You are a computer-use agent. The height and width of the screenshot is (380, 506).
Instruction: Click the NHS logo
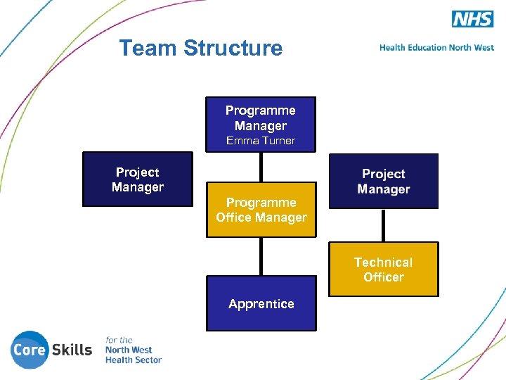[x=472, y=19]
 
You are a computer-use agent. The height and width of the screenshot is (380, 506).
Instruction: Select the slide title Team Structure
[x=200, y=48]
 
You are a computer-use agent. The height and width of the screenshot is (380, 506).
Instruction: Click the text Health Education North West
[x=436, y=48]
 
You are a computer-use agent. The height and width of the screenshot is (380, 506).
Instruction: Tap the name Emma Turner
[x=261, y=141]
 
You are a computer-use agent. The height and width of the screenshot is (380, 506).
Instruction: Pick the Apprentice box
[x=261, y=304]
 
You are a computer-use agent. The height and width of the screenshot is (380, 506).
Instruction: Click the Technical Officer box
[x=384, y=270]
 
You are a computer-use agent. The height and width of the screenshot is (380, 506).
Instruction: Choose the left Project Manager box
[x=138, y=179]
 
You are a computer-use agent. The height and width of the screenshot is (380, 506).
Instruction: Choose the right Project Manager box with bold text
[x=384, y=182]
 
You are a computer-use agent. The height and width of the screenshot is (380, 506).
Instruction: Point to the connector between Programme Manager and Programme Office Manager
[x=261, y=167]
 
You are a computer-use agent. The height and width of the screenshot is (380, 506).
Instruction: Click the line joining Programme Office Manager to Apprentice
[x=261, y=256]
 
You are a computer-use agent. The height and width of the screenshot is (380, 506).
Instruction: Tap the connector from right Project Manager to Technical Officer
[x=383, y=225]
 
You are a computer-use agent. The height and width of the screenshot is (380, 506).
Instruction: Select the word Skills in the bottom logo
[x=72, y=350]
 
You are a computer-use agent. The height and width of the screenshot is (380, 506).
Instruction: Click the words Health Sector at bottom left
[x=134, y=360]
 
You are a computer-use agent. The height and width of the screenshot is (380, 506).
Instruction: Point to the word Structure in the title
[x=233, y=48]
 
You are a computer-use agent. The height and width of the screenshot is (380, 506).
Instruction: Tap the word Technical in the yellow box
[x=384, y=262]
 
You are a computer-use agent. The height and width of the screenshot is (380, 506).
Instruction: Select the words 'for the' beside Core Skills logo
[x=119, y=340]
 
